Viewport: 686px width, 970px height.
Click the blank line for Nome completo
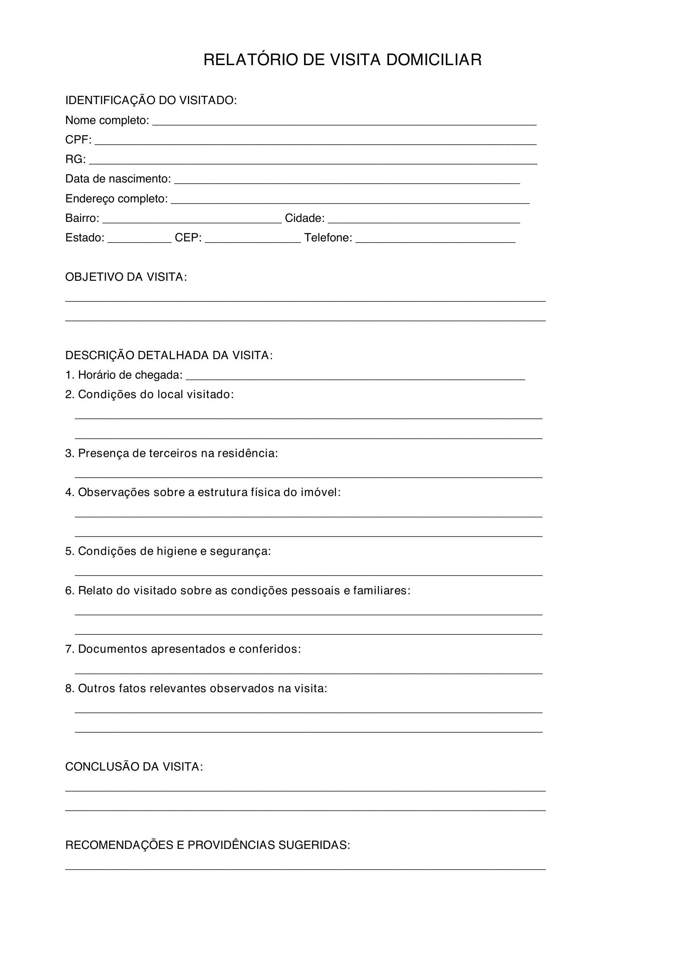click(x=344, y=124)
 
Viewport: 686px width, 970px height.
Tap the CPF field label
click(x=78, y=140)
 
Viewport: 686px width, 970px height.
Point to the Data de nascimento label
click(x=118, y=179)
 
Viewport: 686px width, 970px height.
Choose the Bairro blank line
click(x=192, y=221)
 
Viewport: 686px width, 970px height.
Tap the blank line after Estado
click(x=139, y=241)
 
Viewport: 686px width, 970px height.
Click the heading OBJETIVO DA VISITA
click(x=126, y=277)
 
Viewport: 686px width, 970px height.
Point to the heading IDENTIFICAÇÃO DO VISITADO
click(x=151, y=100)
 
